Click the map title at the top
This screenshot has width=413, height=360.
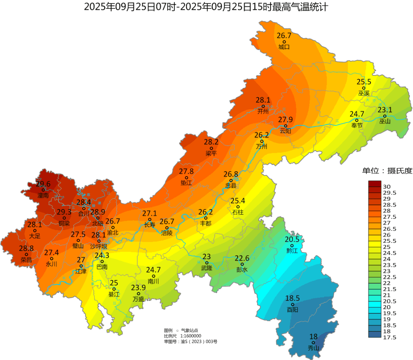pyautogui.click(x=206, y=7)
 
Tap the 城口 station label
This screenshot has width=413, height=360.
pyautogui.click(x=284, y=47)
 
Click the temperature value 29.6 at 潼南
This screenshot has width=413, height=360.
pyautogui.click(x=43, y=184)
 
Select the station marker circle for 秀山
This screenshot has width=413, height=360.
pyautogui.click(x=313, y=343)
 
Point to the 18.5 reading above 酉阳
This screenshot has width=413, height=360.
pyautogui.click(x=292, y=298)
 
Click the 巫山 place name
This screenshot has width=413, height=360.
pyautogui.click(x=385, y=122)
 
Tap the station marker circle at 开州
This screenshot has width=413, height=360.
pyautogui.click(x=263, y=106)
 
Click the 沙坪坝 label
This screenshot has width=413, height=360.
pyautogui.click(x=98, y=247)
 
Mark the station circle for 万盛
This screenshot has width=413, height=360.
pyautogui.click(x=138, y=294)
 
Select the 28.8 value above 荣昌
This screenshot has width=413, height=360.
pyautogui.click(x=26, y=248)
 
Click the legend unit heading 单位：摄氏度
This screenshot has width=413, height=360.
pyautogui.click(x=387, y=170)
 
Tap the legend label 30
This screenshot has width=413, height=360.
pyautogui.click(x=387, y=186)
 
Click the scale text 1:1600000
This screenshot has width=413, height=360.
pyautogui.click(x=189, y=336)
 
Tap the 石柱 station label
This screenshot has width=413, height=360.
pyautogui.click(x=237, y=212)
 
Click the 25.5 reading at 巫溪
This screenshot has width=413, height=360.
pyautogui.click(x=364, y=82)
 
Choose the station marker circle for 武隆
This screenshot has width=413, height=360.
pyautogui.click(x=206, y=263)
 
